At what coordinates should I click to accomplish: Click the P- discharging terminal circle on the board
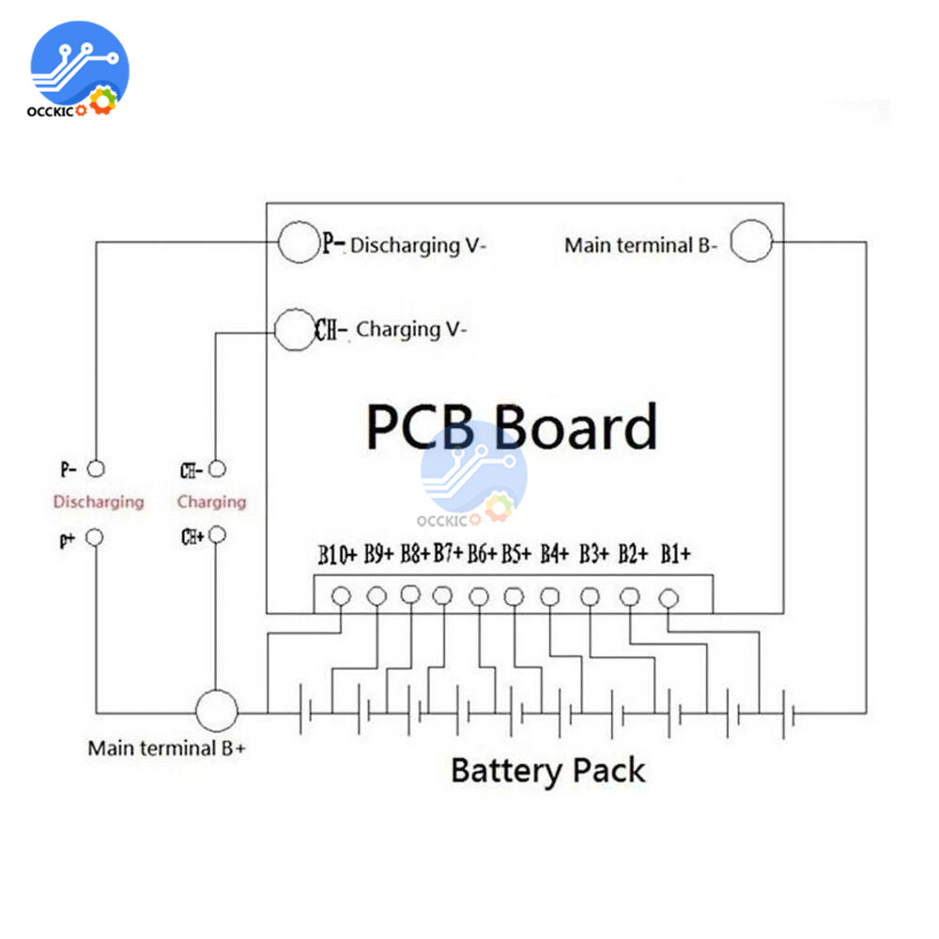pyautogui.click(x=299, y=242)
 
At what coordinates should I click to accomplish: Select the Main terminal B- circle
pyautogui.click(x=750, y=241)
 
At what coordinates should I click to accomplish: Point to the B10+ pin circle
pyautogui.click(x=341, y=595)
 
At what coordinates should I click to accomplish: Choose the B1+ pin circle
pyautogui.click(x=669, y=597)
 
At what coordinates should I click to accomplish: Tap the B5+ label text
pyautogui.click(x=516, y=554)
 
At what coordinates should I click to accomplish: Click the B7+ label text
pyautogui.click(x=448, y=554)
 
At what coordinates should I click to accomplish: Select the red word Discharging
pyautogui.click(x=99, y=501)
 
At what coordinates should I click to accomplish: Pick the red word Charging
pyautogui.click(x=211, y=501)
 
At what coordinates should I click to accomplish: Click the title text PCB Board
pyautogui.click(x=511, y=427)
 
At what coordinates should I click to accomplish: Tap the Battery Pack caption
pyautogui.click(x=548, y=771)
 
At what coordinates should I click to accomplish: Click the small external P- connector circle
pyautogui.click(x=95, y=468)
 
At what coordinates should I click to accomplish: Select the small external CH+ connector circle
pyautogui.click(x=217, y=534)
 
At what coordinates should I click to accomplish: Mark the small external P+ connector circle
pyautogui.click(x=95, y=538)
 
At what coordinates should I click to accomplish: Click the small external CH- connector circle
pyautogui.click(x=217, y=468)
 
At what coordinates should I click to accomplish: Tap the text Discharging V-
pyautogui.click(x=419, y=246)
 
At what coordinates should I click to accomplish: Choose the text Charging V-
pyautogui.click(x=411, y=330)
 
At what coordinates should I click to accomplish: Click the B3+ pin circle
pyautogui.click(x=590, y=596)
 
